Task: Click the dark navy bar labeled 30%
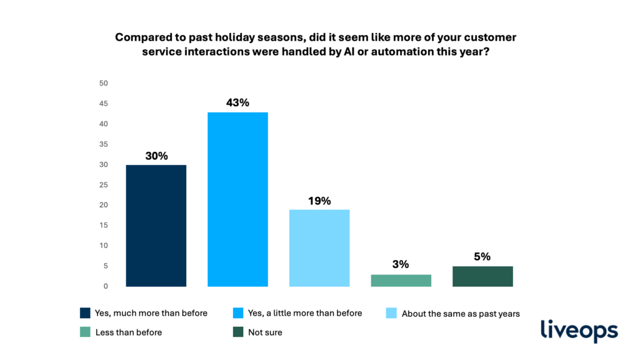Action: (x=156, y=226)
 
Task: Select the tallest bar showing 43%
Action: (x=237, y=199)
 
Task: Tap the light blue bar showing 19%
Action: (x=319, y=248)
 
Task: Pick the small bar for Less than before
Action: (x=401, y=281)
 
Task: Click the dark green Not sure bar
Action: (x=482, y=276)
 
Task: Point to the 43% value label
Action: (x=237, y=102)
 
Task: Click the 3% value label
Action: (x=401, y=264)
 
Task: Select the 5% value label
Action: (x=482, y=256)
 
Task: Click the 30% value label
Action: (x=156, y=156)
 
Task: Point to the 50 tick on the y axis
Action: (x=104, y=83)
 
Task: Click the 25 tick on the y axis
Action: (x=104, y=185)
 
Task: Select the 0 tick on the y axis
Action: (x=106, y=286)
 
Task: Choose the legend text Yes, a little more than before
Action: (x=305, y=313)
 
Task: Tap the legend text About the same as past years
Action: (x=461, y=314)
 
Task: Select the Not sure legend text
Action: (x=265, y=332)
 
